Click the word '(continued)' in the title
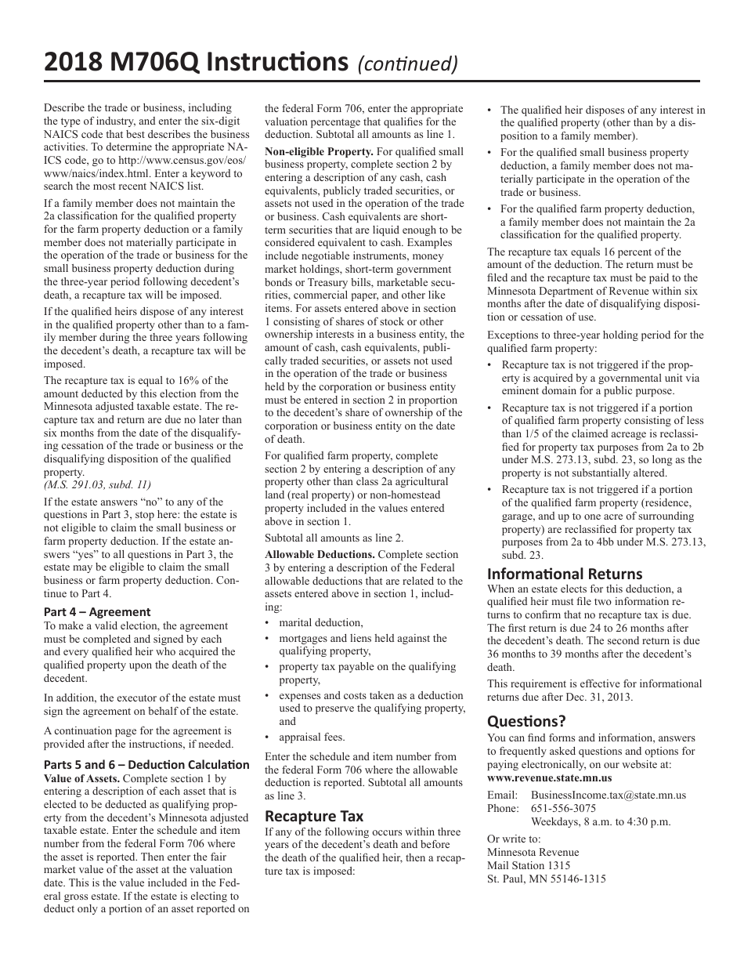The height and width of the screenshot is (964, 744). point(406,63)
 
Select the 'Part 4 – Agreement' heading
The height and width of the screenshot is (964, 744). point(97,612)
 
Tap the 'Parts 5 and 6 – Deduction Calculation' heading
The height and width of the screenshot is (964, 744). point(146,764)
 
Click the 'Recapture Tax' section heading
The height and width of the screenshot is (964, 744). point(314,816)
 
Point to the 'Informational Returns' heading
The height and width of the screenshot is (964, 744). point(565,574)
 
